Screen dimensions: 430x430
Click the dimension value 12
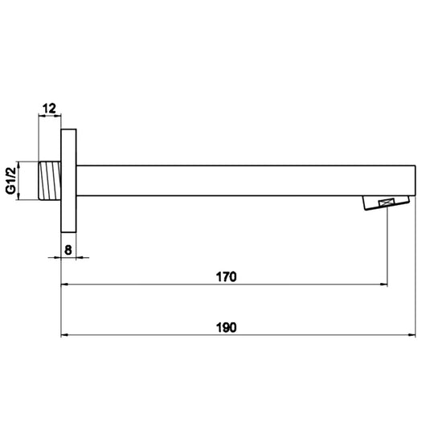tap(49, 107)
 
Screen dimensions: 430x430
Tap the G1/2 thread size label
tap(12, 181)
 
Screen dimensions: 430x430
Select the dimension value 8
tap(68, 249)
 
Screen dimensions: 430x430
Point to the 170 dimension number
tap(226, 277)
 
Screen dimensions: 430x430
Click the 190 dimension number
tap(226, 327)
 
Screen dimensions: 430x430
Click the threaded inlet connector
tap(50, 181)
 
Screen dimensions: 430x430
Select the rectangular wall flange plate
tap(68, 181)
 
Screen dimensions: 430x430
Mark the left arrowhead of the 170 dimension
tap(66, 284)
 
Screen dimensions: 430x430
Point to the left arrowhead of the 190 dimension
tap(66, 334)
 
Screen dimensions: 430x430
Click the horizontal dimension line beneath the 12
tap(50, 117)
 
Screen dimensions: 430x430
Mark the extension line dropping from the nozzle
tap(389, 249)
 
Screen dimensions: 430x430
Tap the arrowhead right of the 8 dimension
tap(80, 258)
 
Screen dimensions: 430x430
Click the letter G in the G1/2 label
tap(12, 190)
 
